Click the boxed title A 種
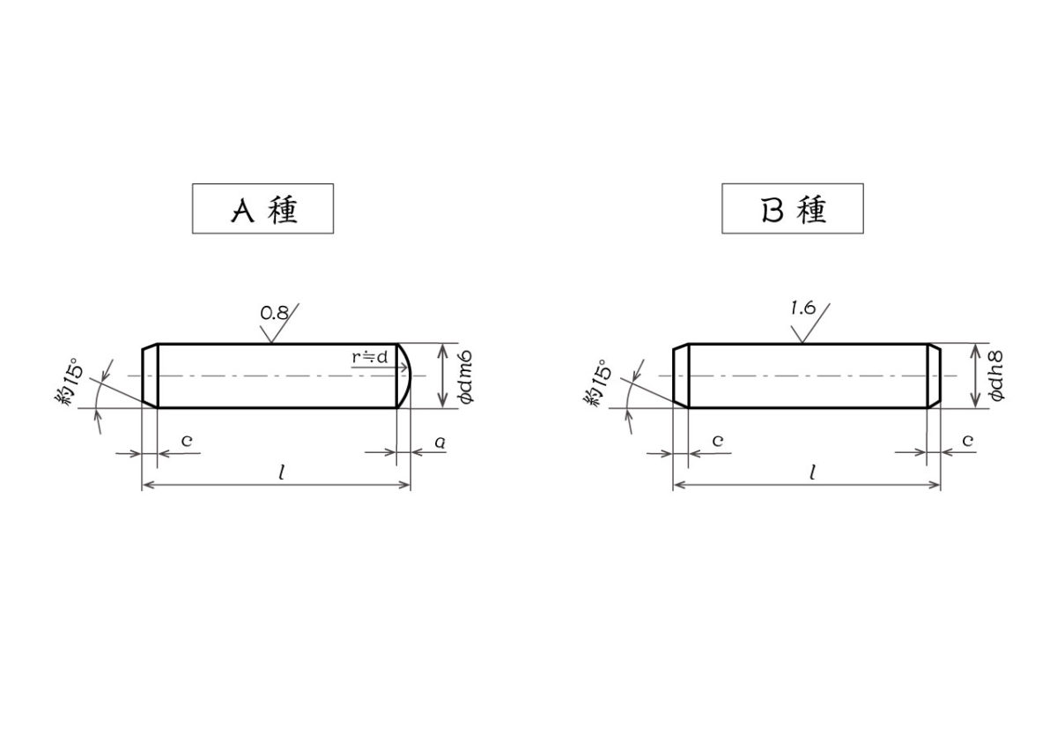pos(262,209)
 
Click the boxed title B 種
pos(792,209)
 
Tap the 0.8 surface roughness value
pos(275,312)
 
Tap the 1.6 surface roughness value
pos(802,308)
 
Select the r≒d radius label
pos(370,356)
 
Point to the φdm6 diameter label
pos(467,376)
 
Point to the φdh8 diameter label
pos(997,376)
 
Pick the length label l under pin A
pos(281,472)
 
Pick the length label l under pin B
pos(811,472)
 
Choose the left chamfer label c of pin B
pos(717,439)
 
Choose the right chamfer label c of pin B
pos(967,439)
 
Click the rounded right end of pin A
pos(405,376)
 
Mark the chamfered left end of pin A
pos(150,376)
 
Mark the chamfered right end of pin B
pos(935,376)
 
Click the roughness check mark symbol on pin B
pos(807,326)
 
